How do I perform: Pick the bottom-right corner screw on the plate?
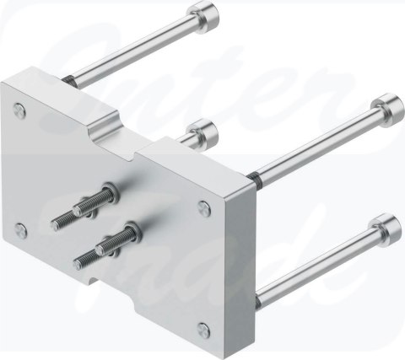202,328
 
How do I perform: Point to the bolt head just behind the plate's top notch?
202,132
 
